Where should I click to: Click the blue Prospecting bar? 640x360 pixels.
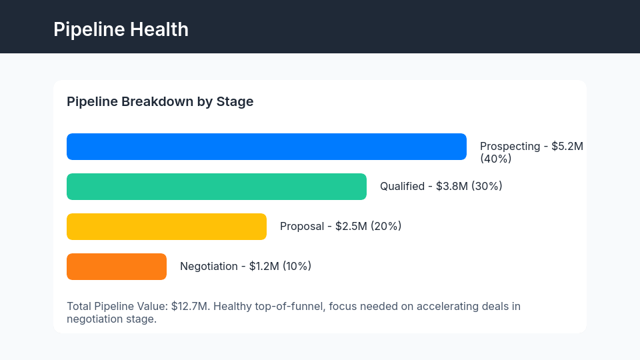tap(267, 147)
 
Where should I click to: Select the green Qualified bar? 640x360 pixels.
tap(217, 187)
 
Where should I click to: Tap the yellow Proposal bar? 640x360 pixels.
tap(167, 227)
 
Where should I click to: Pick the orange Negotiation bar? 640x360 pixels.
tap(117, 267)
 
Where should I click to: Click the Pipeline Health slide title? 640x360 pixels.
tap(121, 29)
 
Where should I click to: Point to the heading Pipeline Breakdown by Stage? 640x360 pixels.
tap(160, 102)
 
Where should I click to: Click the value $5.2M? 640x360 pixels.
tap(567, 147)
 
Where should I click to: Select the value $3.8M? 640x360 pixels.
tap(452, 187)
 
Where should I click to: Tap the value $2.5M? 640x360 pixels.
tap(351, 227)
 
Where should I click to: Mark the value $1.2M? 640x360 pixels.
tap(264, 267)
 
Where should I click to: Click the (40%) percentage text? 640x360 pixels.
tap(495, 159)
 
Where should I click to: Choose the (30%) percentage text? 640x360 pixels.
tap(487, 187)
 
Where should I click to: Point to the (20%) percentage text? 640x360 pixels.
tap(386, 227)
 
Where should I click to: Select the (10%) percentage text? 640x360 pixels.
tap(297, 267)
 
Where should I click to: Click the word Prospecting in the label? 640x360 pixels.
tap(510, 147)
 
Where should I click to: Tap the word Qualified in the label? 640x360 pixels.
tap(402, 187)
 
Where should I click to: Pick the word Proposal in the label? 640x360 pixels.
tap(302, 227)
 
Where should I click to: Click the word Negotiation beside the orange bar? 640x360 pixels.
tap(209, 267)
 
